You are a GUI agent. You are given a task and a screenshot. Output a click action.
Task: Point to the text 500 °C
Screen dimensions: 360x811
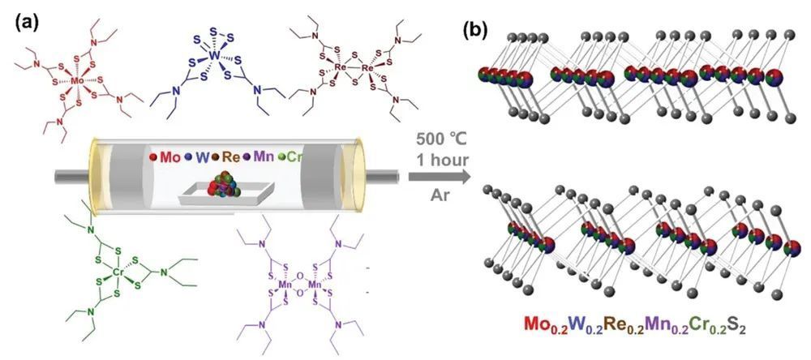pyautogui.click(x=439, y=139)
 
